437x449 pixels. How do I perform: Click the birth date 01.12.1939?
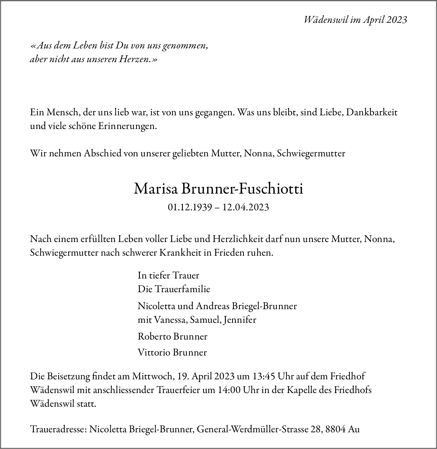pos(190,207)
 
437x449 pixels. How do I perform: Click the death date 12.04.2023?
pos(246,207)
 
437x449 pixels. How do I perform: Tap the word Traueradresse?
pos(58,429)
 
